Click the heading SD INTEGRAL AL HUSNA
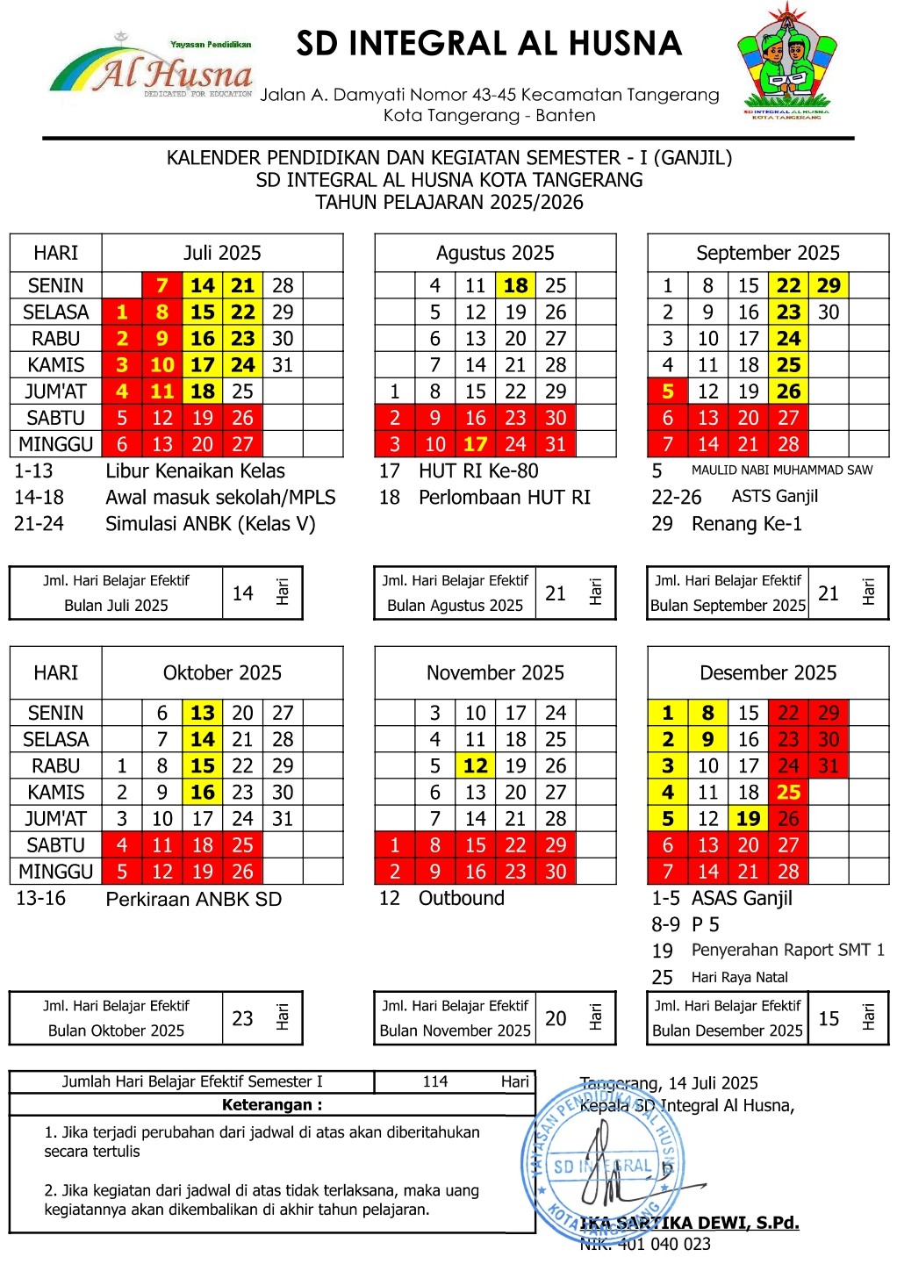coord(489,43)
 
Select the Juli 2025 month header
coord(222,253)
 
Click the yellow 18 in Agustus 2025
coord(515,285)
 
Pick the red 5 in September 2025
coord(668,391)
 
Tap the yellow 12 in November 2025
coord(475,765)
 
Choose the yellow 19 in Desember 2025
coord(748,819)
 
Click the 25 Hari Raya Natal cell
coord(788,792)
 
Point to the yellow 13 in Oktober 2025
coord(203,713)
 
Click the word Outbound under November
coord(462,898)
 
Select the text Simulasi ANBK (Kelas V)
coord(211,524)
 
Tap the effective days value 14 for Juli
coord(243,593)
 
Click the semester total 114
coord(435,1081)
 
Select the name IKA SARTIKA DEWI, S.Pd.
coord(690,1223)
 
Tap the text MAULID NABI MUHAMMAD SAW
coord(782,470)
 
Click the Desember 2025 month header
coord(768,673)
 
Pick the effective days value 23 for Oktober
coord(243,1018)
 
